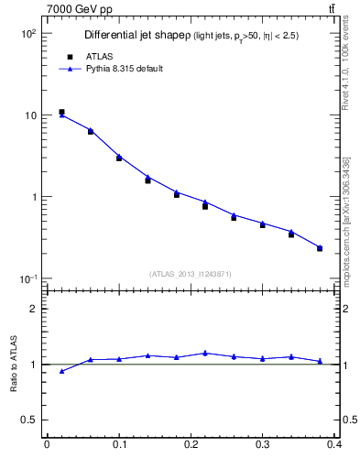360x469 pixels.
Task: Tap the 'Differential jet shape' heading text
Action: [136, 35]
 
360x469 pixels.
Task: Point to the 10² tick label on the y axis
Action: [27, 33]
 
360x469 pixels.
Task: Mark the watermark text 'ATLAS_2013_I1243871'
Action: [191, 274]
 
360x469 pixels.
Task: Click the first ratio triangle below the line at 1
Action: [61, 371]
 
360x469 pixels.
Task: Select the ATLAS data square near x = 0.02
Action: [61, 112]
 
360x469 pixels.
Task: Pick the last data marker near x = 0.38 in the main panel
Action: [320, 247]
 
